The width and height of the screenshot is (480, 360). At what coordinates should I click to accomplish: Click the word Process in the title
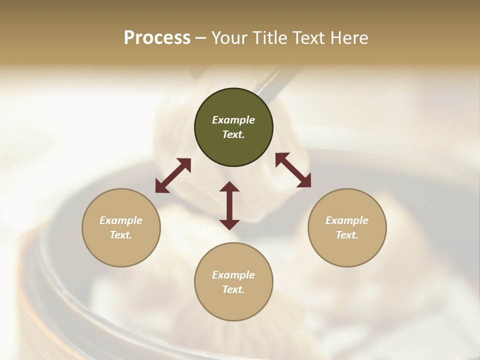tap(157, 38)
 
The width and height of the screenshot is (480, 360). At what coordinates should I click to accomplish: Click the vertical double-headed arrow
tap(229, 205)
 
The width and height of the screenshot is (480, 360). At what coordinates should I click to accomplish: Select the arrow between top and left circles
tap(173, 175)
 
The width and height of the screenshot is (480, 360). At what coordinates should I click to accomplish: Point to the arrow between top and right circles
tap(293, 170)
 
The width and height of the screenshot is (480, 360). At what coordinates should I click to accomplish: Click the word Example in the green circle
tap(233, 120)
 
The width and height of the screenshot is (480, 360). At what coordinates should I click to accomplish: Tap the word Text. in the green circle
tap(233, 134)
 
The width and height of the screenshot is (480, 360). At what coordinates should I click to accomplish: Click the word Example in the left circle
tap(121, 220)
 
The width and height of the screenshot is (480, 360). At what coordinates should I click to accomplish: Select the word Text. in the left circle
tap(121, 235)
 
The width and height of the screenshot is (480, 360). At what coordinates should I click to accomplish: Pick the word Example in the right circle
tap(347, 220)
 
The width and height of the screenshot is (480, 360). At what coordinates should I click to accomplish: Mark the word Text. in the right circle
tap(347, 235)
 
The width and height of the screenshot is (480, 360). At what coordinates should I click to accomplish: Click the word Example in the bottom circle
tap(233, 275)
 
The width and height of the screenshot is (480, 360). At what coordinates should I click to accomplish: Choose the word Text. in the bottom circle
tap(233, 289)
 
